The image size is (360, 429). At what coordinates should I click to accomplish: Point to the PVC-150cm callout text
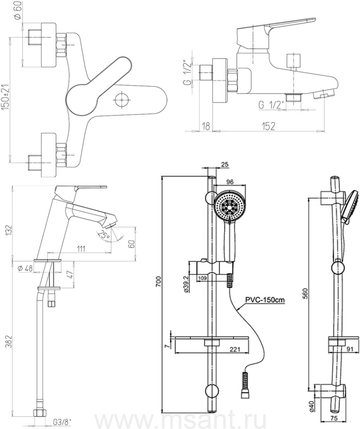[265, 300]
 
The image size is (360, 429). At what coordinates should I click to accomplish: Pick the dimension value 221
[234, 349]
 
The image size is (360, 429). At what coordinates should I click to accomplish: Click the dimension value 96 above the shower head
[229, 182]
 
